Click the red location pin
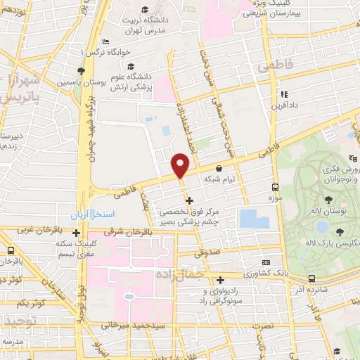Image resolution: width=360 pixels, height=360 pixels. pos(180,166)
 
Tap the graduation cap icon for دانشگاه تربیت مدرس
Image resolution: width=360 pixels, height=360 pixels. pos(145,10)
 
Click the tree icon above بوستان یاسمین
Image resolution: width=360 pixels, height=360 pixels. pos(82,71)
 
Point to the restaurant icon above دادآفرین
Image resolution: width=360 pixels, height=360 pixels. pos(284,94)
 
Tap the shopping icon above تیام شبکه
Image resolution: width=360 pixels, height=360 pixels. pos(220,169)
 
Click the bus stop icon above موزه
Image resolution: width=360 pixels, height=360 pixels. pos(275,188)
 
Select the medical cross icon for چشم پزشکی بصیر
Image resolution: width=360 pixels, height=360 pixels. pos(188,201)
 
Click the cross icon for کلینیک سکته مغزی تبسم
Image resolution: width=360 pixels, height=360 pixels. pos(77,232)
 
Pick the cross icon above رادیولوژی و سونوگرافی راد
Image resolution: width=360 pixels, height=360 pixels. pos(220,280)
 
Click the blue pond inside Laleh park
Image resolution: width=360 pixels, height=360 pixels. pos(322,226)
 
